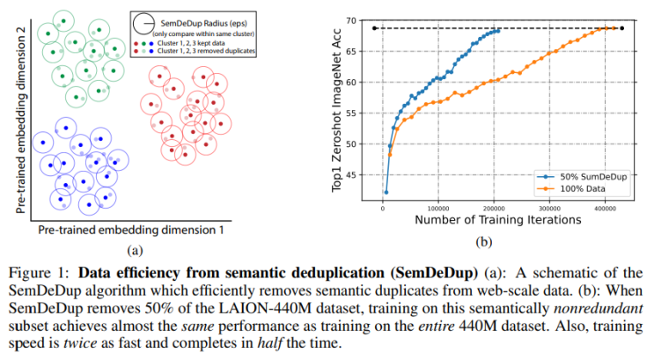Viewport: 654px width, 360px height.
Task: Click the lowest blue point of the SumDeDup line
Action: pos(386,192)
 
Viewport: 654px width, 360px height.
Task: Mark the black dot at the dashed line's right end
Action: pos(623,28)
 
